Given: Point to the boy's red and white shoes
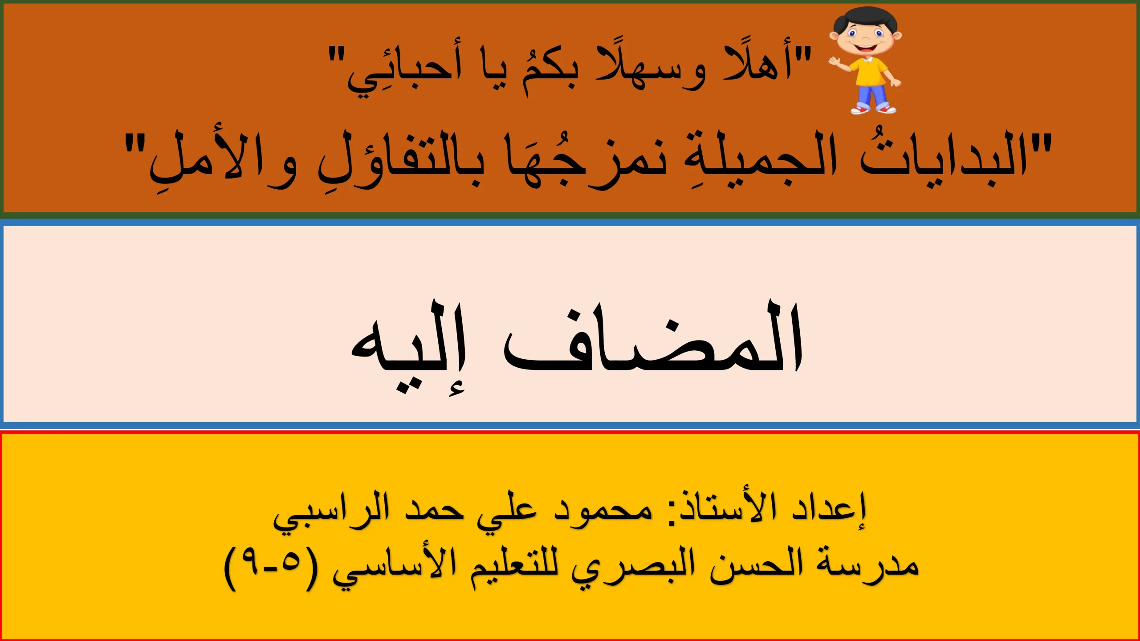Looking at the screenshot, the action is pyautogui.click(x=873, y=109).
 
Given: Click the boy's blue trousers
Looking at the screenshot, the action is pyautogui.click(x=871, y=94).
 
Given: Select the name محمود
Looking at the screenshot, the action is pyautogui.click(x=603, y=510).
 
